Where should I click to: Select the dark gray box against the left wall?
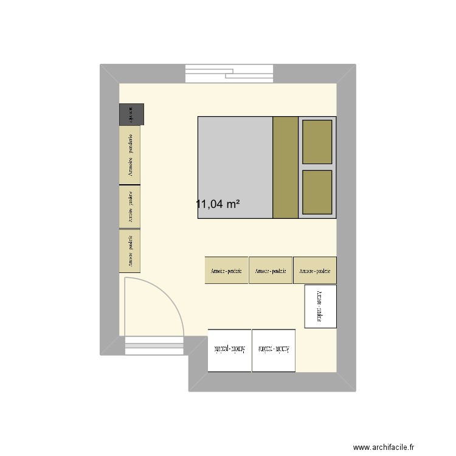pyautogui.click(x=130, y=114)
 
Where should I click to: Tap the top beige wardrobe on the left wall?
pyautogui.click(x=130, y=154)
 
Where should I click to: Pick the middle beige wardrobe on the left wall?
pyautogui.click(x=130, y=206)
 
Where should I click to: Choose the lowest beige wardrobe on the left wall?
pyautogui.click(x=130, y=250)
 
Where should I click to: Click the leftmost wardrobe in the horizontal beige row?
pyautogui.click(x=227, y=271)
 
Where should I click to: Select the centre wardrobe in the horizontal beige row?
pyautogui.click(x=271, y=271)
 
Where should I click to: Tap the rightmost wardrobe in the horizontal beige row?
pyautogui.click(x=315, y=271)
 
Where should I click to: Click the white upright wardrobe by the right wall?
pyautogui.click(x=320, y=306)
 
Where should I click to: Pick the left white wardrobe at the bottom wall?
pyautogui.click(x=229, y=350)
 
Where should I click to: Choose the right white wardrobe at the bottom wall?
pyautogui.click(x=274, y=350)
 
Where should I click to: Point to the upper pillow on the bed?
pyautogui.click(x=317, y=142)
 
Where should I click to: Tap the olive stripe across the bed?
pyautogui.click(x=285, y=167)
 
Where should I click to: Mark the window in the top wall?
pyautogui.click(x=230, y=74)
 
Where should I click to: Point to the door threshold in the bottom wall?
pyautogui.click(x=154, y=346)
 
